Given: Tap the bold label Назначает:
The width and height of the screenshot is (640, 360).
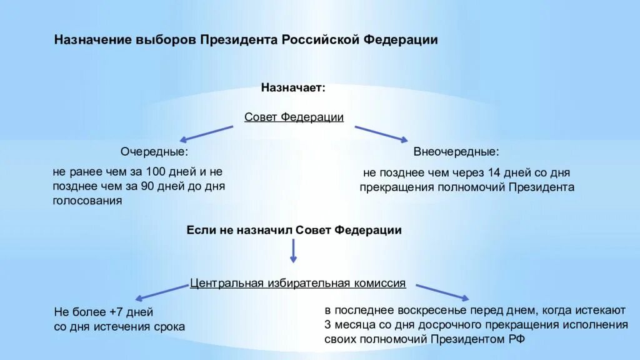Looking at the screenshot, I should click(293, 87).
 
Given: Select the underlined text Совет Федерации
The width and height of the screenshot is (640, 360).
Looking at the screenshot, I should click(294, 117).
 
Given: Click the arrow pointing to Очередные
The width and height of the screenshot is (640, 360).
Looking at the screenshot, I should click(207, 133).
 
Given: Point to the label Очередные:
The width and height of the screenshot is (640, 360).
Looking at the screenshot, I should click(154, 152).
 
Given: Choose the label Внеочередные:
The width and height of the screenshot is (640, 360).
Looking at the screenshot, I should click(456, 152).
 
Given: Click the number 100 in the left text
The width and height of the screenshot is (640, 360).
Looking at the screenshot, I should click(155, 171).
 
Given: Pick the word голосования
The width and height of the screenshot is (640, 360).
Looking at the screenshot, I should click(87, 201).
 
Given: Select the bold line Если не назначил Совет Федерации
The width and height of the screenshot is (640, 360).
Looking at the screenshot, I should click(294, 230).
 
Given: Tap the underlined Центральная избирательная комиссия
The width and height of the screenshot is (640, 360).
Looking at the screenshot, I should click(297, 283).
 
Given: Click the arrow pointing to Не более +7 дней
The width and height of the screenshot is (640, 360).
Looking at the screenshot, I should click(162, 292).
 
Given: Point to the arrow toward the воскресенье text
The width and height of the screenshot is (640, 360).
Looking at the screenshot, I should click(442, 292).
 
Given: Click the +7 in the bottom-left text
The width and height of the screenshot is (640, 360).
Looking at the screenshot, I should click(115, 312).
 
